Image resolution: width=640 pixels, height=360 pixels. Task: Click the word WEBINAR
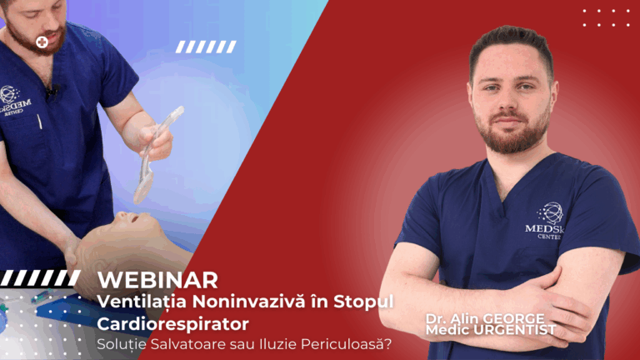coord(157,279)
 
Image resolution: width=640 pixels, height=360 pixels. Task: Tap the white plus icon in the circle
coord(42,41)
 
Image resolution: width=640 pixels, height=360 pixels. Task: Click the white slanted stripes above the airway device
coord(207,47)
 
